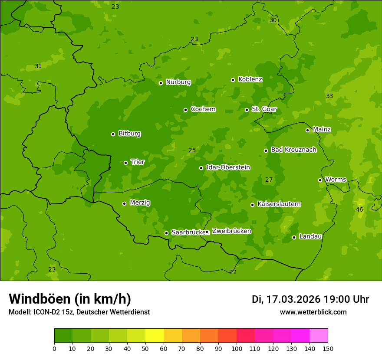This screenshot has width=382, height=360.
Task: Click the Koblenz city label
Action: pos(250,79)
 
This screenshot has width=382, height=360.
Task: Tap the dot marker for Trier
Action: pos(125,163)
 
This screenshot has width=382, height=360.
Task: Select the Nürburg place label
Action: pos(178,82)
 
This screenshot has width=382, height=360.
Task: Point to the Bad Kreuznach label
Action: pos(293,150)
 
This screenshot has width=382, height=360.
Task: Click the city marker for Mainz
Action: pos(307,130)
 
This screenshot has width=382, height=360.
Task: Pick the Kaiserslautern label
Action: pos(279,204)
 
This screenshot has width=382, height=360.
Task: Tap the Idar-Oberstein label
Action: pos(228,167)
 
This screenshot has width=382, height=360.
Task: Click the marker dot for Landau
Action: pos(294,237)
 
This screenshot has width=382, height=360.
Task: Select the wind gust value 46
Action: pos(359,209)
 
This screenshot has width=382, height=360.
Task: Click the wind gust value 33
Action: pos(329,96)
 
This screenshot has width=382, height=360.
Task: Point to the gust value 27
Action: pos(269,180)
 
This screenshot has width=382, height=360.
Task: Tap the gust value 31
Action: pos(38,66)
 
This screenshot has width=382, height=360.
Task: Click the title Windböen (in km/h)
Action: pos(70,299)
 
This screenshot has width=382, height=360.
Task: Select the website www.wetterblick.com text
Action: pos(313,312)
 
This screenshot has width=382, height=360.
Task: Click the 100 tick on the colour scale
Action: pos(237,348)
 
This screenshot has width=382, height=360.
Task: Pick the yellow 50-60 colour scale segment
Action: pos(155,336)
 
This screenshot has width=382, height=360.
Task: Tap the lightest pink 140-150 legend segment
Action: pos(319,336)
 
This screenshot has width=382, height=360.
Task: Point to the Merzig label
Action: pos(140,203)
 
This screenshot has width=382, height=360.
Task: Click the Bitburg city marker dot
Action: pos(113,134)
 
